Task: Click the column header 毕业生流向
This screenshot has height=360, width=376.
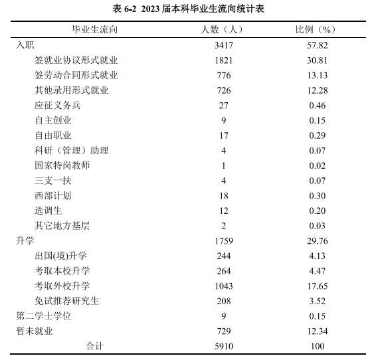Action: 95,30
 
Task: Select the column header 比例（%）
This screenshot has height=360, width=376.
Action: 316,30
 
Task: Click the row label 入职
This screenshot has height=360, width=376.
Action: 25,45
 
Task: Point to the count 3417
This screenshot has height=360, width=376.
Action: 224,45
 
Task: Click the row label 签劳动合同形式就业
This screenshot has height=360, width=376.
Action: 76,75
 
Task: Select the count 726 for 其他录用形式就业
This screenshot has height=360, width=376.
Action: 224,90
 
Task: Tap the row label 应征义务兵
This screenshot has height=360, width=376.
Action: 57,105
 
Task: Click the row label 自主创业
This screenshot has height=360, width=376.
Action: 52,120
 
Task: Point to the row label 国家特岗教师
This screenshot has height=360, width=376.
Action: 62,165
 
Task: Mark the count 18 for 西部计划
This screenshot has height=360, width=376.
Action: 224,195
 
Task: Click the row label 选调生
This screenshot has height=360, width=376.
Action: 48,211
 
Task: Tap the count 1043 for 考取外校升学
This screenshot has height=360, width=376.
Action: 224,286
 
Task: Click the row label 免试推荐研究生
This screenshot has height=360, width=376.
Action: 66,301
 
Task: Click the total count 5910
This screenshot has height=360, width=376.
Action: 224,346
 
